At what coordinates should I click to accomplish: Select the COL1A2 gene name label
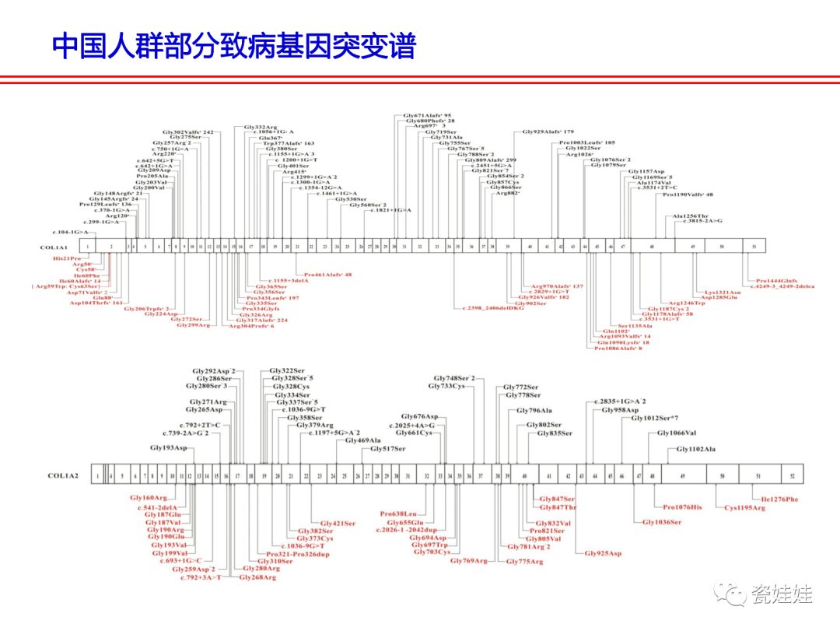click(x=63, y=475)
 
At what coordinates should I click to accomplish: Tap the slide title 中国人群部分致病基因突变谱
click(x=234, y=46)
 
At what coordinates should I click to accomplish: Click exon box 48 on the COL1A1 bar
click(x=652, y=246)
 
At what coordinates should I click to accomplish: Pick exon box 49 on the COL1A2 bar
click(x=682, y=475)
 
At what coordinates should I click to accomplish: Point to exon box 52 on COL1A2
click(x=792, y=475)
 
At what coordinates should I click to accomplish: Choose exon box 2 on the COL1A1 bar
click(x=111, y=246)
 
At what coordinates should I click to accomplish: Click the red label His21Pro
click(x=66, y=258)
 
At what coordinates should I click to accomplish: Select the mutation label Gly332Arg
click(x=260, y=127)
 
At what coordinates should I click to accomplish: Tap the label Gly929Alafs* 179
click(x=548, y=132)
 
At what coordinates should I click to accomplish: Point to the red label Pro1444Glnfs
click(x=776, y=281)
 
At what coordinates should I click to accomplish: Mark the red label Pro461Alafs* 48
click(x=327, y=275)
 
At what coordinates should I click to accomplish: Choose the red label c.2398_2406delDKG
click(x=493, y=308)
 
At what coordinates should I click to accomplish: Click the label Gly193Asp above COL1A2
click(x=169, y=448)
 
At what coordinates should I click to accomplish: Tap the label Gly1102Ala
click(x=695, y=449)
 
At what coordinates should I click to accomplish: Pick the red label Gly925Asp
click(x=604, y=553)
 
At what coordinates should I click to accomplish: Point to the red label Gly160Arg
click(x=149, y=497)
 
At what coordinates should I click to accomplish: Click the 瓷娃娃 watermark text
click(x=782, y=595)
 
